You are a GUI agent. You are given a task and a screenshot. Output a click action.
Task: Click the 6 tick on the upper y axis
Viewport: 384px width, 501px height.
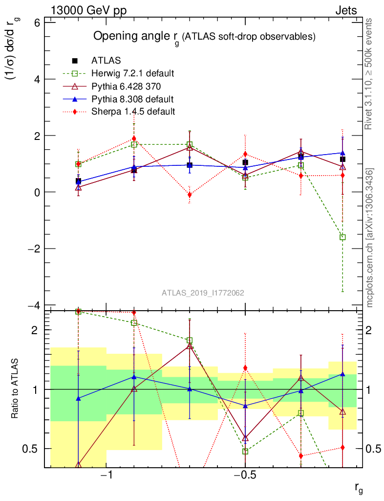coord(36,23)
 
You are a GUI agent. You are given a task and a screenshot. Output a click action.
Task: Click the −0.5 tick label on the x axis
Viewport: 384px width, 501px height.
coord(245,476)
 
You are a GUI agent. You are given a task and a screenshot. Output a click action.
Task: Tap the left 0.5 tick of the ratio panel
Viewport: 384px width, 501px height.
coord(32,449)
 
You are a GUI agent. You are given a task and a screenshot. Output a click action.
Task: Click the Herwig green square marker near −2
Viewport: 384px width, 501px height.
coord(343,237)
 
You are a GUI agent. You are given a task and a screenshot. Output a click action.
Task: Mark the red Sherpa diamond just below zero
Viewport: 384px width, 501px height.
coord(190,195)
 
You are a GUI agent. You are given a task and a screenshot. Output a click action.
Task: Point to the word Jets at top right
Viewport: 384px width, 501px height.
coord(345,11)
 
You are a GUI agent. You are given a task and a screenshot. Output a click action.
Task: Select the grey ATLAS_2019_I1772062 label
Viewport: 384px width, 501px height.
coord(203,293)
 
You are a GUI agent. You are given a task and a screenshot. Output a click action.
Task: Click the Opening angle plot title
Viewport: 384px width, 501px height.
coord(204,37)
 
